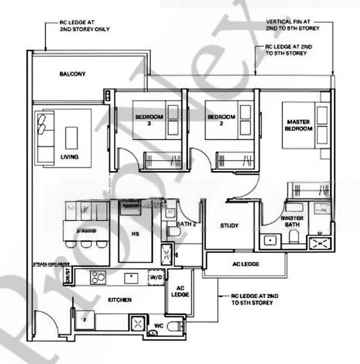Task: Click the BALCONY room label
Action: click(72, 74)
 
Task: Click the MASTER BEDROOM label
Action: click(298, 126)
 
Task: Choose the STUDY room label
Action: click(228, 226)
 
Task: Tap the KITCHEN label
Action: click(120, 300)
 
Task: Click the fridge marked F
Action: click(84, 318)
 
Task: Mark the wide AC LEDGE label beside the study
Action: click(245, 265)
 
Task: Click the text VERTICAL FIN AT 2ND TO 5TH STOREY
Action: click(293, 25)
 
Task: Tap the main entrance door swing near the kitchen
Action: click(45, 322)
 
